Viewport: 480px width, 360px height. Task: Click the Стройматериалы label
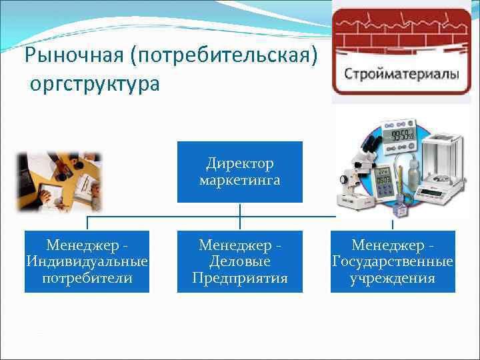tap(402, 73)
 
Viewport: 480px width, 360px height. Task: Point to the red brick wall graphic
tap(401, 33)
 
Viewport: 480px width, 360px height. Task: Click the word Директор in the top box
tap(240, 163)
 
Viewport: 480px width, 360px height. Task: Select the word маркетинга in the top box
tap(240, 180)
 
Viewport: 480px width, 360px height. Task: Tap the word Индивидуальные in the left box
tap(87, 262)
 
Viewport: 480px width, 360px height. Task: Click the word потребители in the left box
tap(87, 278)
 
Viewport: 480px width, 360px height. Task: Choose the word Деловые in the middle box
tap(240, 262)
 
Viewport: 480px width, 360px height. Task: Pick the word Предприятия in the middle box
tap(240, 278)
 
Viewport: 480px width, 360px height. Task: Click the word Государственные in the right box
tap(393, 262)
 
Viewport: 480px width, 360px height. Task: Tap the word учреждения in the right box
tap(393, 278)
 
